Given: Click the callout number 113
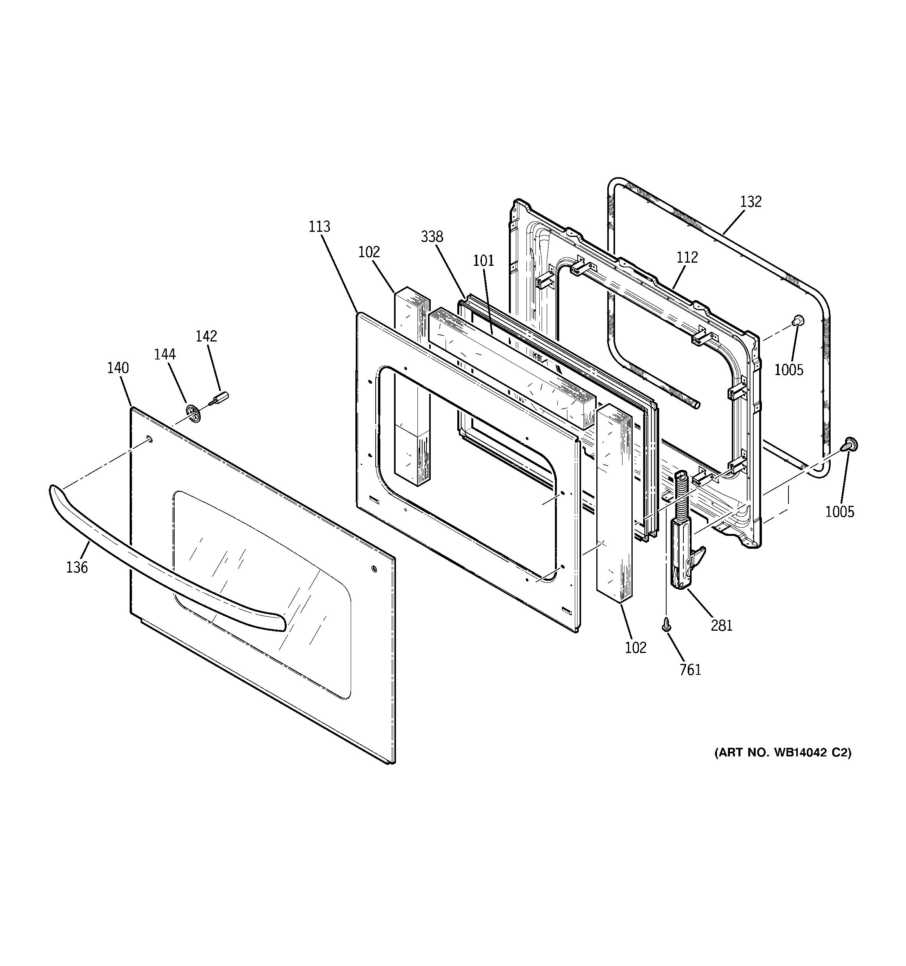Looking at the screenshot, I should (319, 227).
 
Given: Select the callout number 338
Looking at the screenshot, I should (432, 237).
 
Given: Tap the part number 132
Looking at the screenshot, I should (751, 202).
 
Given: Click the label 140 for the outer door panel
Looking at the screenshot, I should (118, 368).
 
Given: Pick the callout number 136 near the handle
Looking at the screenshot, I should (77, 567).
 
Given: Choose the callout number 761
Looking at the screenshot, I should (690, 670).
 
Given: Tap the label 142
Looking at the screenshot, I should (206, 336).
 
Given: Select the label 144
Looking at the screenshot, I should (165, 355).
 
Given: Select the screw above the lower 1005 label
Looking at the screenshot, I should (850, 444).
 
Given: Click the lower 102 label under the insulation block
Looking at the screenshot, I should (636, 648).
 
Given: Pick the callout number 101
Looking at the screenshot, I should (483, 261).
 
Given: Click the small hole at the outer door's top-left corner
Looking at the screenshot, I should (149, 440).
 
